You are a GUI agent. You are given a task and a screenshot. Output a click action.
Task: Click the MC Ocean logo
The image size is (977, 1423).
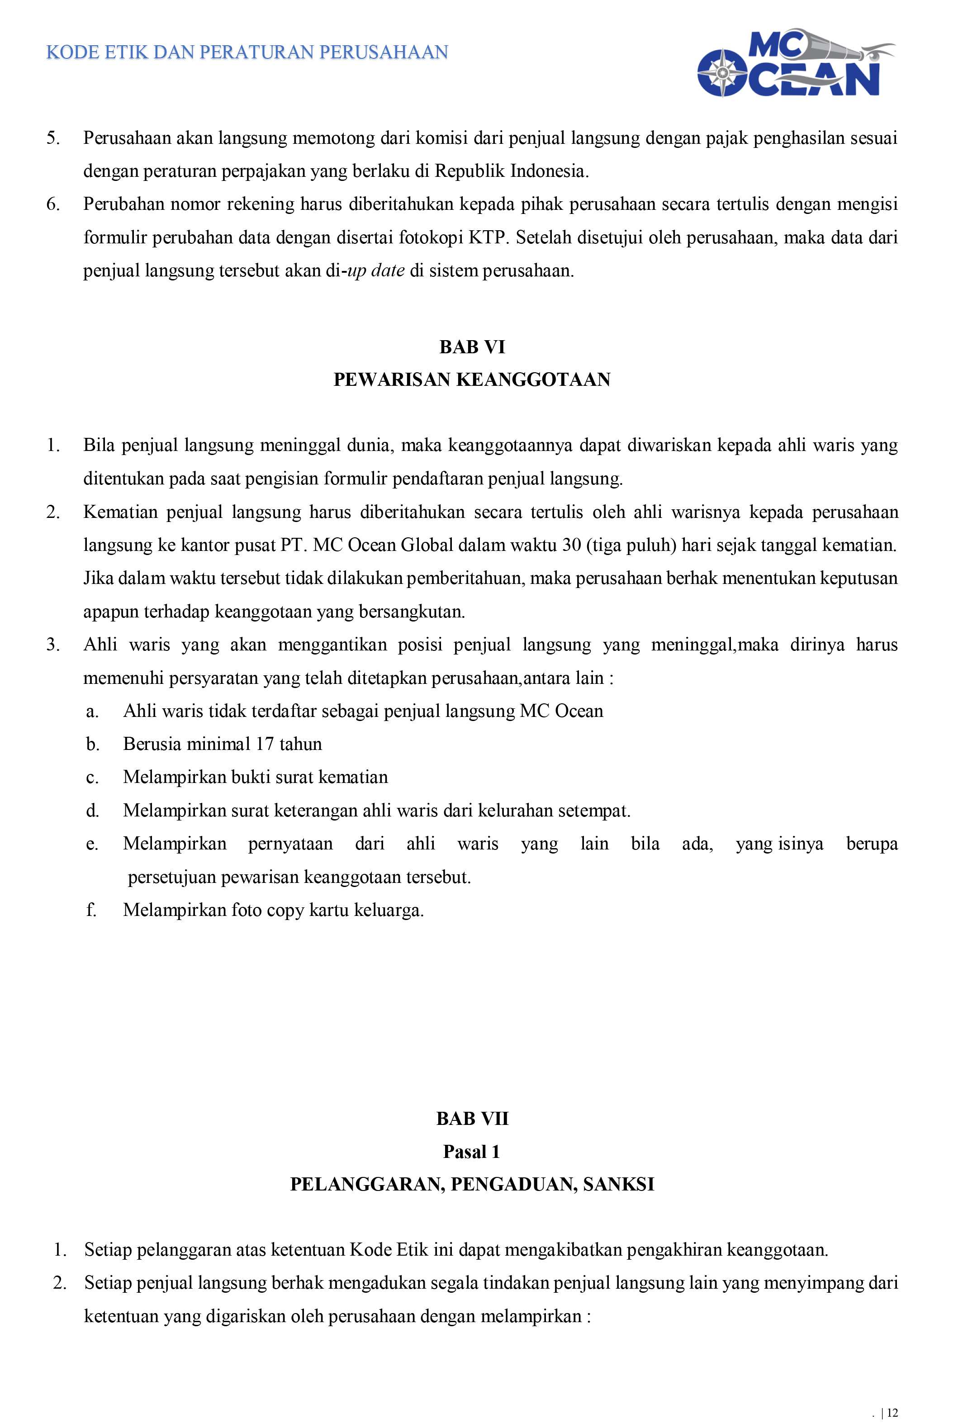point(796,63)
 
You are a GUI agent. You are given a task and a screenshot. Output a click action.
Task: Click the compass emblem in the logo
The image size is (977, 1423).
point(722,73)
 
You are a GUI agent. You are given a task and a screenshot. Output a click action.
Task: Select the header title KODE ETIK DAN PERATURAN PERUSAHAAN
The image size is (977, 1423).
point(247,52)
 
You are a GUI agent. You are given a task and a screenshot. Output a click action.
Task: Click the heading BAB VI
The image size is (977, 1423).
point(472,347)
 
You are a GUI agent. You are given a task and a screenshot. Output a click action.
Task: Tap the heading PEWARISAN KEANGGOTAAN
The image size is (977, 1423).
point(472,379)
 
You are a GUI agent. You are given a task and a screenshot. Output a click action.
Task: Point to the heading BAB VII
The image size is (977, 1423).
point(472,1119)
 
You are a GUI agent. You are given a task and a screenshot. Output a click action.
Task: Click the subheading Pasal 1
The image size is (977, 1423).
point(472,1152)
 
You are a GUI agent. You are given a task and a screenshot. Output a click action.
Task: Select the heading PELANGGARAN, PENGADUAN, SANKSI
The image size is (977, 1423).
point(472,1184)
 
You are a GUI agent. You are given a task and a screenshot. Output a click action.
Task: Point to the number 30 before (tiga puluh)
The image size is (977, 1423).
point(571,545)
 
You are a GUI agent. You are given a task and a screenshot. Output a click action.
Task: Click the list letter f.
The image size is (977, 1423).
point(91,910)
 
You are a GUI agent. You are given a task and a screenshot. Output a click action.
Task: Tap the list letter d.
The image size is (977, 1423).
point(92,811)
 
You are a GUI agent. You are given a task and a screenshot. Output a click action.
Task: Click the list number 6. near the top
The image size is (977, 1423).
point(53,204)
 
